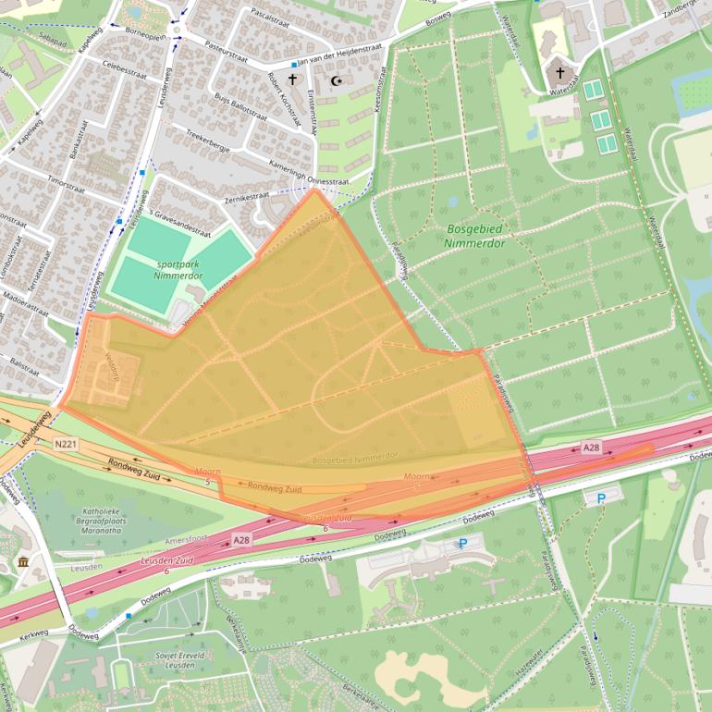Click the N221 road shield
pos(64,443)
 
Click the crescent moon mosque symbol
pos(337,81)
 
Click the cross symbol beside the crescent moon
pos(293,80)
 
